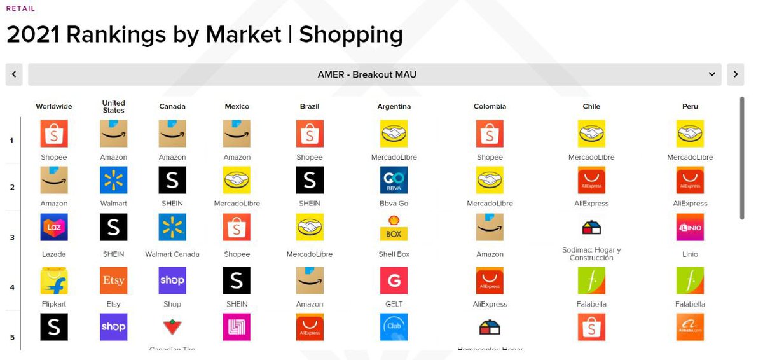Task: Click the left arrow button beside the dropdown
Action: click(x=14, y=74)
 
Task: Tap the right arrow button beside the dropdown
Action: click(x=735, y=74)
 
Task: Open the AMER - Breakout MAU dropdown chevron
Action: click(x=712, y=74)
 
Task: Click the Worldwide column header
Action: click(x=54, y=107)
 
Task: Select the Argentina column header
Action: click(x=394, y=107)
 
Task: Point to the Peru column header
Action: click(x=690, y=107)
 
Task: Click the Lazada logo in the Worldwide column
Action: click(x=54, y=227)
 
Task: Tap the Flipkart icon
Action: click(x=54, y=280)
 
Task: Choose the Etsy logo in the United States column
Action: click(x=114, y=280)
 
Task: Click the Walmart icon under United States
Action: click(x=114, y=180)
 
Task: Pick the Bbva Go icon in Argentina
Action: click(x=394, y=180)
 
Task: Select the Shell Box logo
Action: click(x=394, y=227)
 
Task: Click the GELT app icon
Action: click(x=394, y=280)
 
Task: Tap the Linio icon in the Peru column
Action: click(x=690, y=227)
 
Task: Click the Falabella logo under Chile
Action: click(x=591, y=280)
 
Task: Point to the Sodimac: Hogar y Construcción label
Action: click(x=591, y=254)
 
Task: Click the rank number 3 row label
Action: click(x=12, y=237)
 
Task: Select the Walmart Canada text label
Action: click(x=172, y=254)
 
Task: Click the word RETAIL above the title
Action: click(x=21, y=9)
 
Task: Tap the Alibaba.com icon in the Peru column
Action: click(x=690, y=327)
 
